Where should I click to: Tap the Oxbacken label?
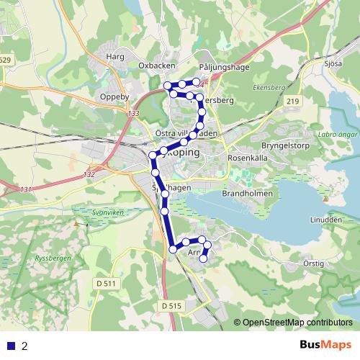point(157,65)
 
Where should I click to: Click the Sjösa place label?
point(333,63)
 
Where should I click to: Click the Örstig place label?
point(313,263)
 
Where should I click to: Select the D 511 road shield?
point(105,283)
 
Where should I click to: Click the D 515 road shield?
point(171,306)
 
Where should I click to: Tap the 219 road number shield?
point(292,102)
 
